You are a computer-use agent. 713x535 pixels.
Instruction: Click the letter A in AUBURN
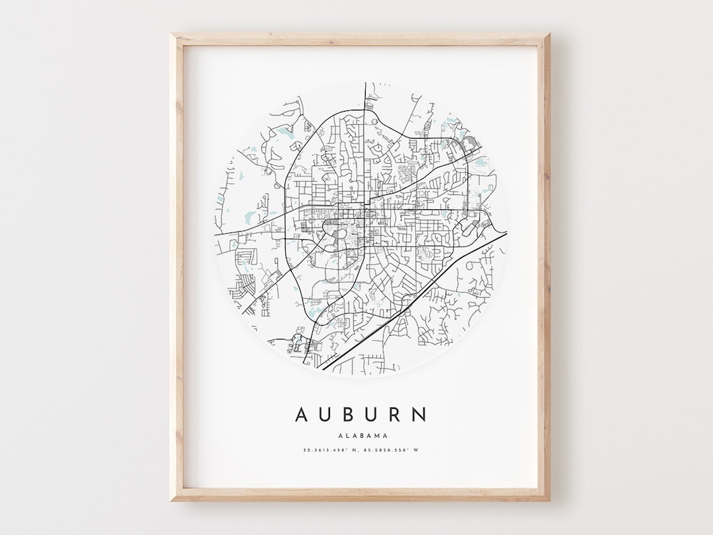click(301, 415)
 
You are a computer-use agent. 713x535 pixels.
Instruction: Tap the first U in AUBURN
click(325, 415)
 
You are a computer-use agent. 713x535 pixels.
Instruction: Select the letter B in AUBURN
click(349, 415)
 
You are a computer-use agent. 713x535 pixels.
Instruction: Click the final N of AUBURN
click(420, 415)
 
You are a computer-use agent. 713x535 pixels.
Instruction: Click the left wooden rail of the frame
click(176, 264)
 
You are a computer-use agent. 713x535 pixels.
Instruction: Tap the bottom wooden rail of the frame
click(360, 495)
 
